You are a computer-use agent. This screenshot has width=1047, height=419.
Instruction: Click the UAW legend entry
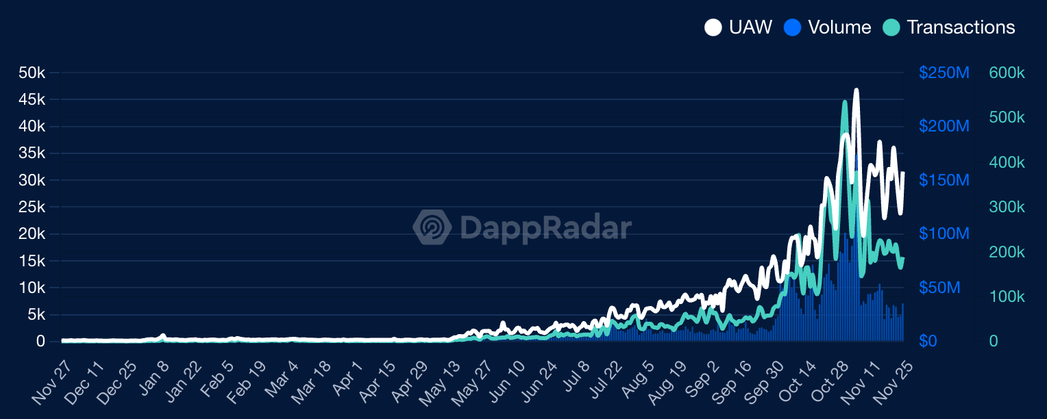739,27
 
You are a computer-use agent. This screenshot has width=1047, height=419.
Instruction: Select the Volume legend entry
828,27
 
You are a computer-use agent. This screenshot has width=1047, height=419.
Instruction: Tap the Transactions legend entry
949,27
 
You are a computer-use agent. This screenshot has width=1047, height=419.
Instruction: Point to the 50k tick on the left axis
32,73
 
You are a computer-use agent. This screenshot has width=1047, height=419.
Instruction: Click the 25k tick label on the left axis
32,207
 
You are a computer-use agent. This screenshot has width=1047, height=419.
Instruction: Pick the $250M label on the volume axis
944,73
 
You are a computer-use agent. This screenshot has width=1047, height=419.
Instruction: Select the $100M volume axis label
944,234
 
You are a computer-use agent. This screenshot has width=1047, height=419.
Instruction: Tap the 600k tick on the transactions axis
1007,73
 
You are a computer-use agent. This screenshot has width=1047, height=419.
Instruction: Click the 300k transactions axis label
1007,207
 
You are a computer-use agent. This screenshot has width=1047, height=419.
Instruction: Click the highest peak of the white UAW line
857,90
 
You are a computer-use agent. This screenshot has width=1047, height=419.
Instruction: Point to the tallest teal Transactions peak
844,103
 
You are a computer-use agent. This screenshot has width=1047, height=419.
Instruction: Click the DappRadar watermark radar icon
432,227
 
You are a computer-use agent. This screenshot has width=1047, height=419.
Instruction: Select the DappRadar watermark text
544,227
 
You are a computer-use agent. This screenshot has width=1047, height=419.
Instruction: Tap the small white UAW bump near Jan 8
163,335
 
